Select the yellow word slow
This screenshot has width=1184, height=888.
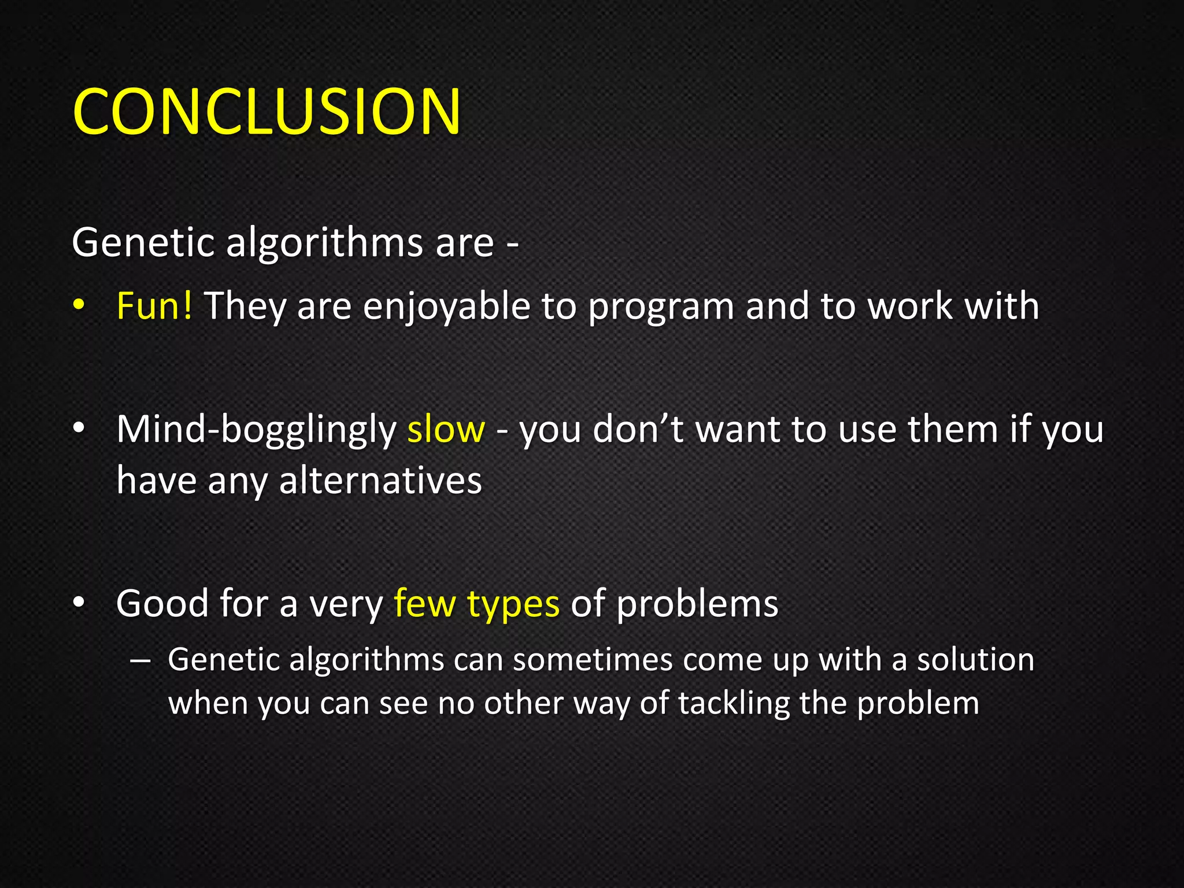pos(446,430)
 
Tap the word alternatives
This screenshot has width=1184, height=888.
pos(380,480)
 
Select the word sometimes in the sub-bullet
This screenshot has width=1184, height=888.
pos(593,660)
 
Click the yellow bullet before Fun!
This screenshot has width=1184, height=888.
pos(79,305)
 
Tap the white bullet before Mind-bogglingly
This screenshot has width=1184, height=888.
pos(79,428)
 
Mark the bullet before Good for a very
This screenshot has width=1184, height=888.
pos(79,603)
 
